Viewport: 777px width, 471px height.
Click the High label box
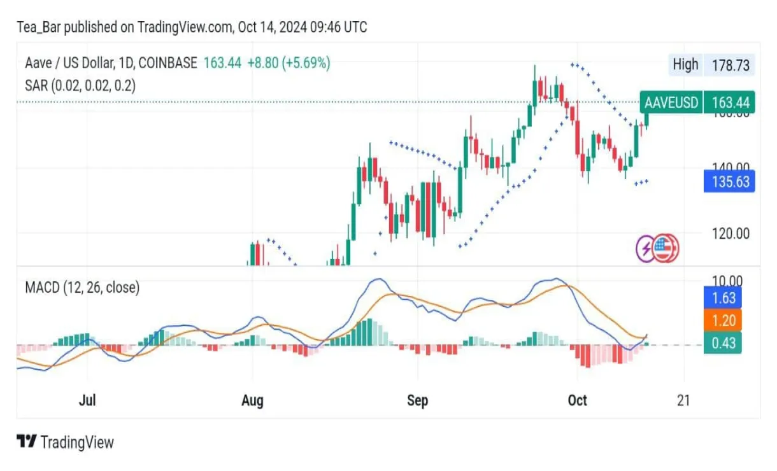[x=685, y=64]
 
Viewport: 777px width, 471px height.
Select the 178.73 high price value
[x=731, y=64]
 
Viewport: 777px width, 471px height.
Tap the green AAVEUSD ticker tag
[x=671, y=102]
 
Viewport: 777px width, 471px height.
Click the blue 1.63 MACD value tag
[x=723, y=297]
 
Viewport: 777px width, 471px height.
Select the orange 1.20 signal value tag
[x=723, y=321]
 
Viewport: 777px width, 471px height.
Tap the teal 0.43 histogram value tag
[x=723, y=343]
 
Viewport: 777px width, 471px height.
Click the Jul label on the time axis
[x=87, y=400]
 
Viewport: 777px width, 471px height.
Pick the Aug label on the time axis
[x=253, y=400]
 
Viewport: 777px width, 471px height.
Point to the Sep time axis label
[x=417, y=400]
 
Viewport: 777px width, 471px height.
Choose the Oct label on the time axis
[x=577, y=400]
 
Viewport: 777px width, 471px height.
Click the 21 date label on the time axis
[x=684, y=400]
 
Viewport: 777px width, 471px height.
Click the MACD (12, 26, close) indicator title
[x=82, y=288]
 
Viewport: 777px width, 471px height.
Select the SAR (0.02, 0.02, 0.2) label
[x=80, y=85]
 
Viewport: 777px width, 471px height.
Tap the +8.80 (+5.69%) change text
[x=289, y=63]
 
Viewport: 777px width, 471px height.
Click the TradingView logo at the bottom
[x=65, y=442]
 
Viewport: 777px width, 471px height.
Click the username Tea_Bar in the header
[x=38, y=27]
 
